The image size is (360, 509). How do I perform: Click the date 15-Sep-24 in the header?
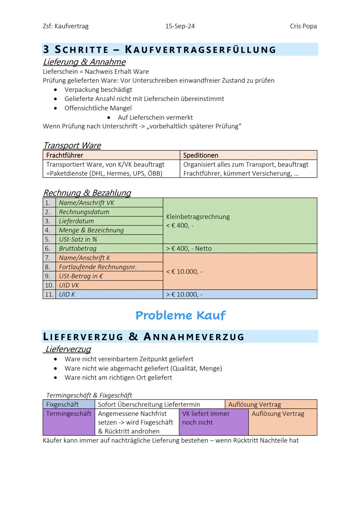180,26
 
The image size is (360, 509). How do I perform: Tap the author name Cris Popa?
303,26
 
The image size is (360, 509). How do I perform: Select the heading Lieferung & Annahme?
84,62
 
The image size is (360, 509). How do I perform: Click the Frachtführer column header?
65,155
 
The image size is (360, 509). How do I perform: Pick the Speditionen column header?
201,155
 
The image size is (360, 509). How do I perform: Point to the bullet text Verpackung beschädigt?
98,90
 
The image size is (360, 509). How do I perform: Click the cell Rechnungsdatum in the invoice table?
84,212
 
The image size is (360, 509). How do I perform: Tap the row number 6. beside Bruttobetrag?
48,249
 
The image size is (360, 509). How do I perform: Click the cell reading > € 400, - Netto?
189,249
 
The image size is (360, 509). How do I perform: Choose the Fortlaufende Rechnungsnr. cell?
98,267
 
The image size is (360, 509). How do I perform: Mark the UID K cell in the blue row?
67,295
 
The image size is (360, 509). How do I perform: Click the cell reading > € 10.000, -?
184,295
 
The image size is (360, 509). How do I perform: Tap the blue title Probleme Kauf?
180,315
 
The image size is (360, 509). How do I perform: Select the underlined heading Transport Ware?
72,146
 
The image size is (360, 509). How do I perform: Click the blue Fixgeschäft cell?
62,405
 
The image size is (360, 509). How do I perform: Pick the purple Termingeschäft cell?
69,414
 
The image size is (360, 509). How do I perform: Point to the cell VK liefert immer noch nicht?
206,418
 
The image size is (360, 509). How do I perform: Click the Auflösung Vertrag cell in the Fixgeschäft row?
255,405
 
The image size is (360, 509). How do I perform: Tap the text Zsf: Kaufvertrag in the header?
66,26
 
